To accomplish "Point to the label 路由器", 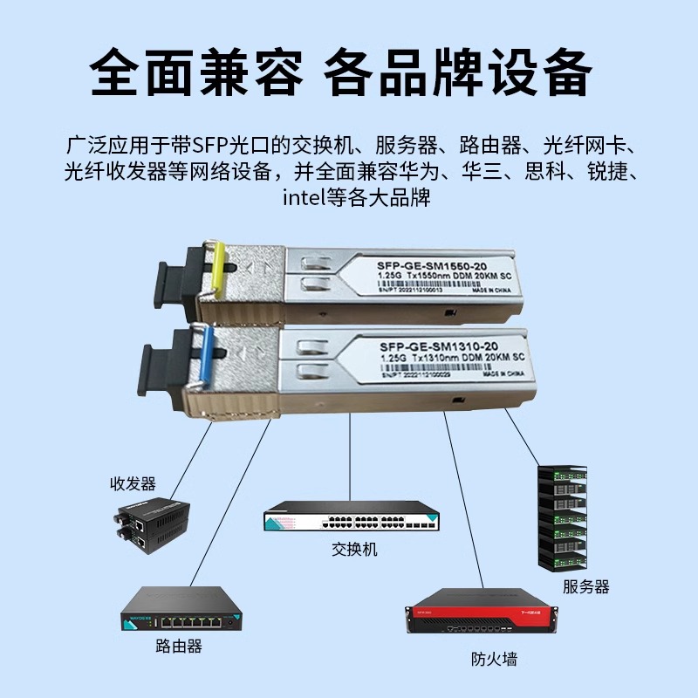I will point(179,646).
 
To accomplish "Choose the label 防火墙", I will point(493,660).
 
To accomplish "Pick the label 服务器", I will point(585,586).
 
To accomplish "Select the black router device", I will point(181,609).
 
